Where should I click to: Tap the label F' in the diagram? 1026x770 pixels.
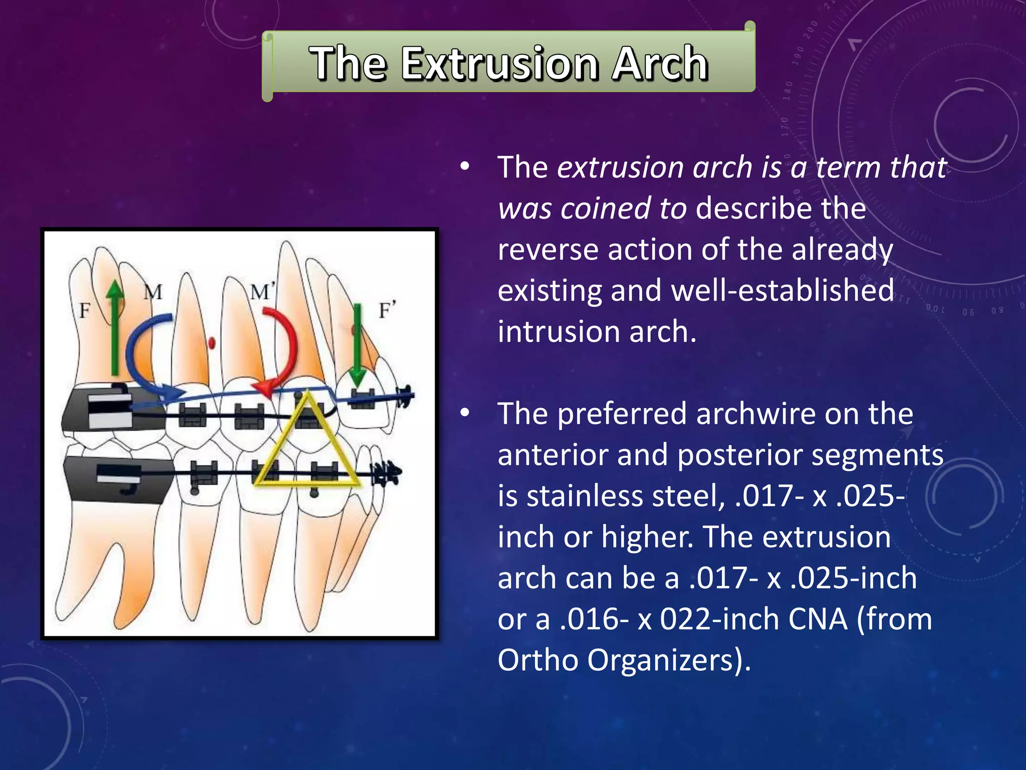(387, 310)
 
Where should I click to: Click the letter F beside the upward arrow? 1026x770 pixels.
(85, 311)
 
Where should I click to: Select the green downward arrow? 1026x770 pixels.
(357, 346)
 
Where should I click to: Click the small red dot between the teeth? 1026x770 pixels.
(211, 343)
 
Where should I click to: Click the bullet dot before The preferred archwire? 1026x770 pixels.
(465, 413)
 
